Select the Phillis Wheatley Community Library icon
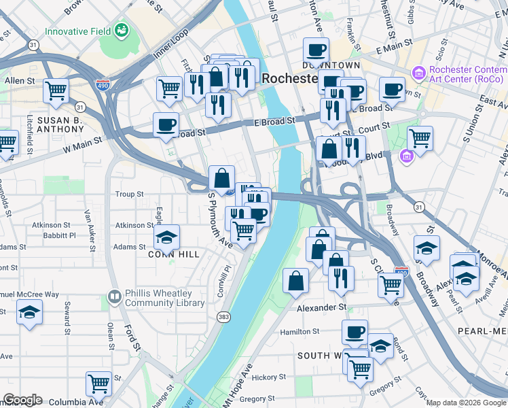pyautogui.click(x=114, y=298)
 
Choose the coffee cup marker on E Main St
pyautogui.click(x=316, y=50)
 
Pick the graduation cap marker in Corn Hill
pyautogui.click(x=166, y=237)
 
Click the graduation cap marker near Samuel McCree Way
pyautogui.click(x=29, y=312)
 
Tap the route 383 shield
pyautogui.click(x=223, y=317)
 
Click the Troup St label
pyautogui.click(x=129, y=194)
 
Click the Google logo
pyautogui.click(x=22, y=400)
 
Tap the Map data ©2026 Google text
pyautogui.click(x=466, y=403)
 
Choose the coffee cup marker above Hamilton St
pyautogui.click(x=355, y=332)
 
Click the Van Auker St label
pyautogui.click(x=87, y=225)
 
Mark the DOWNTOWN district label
pyautogui.click(x=331, y=65)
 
